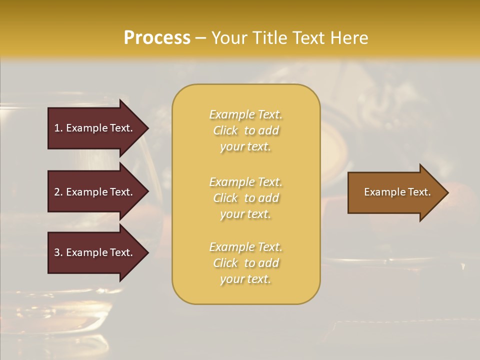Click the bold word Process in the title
[x=157, y=38]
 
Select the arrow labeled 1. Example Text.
[x=95, y=128]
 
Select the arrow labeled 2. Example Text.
[x=95, y=192]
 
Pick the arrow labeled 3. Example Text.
[x=95, y=252]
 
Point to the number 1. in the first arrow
[x=58, y=128]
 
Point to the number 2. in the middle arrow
[x=58, y=192]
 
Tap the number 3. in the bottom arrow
[x=58, y=252]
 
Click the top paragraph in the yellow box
[x=246, y=130]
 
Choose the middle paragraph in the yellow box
[x=246, y=198]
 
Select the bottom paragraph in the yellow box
[x=246, y=263]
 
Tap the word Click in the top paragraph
[x=225, y=130]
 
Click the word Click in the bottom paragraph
[x=225, y=263]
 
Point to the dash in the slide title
[x=200, y=38]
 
